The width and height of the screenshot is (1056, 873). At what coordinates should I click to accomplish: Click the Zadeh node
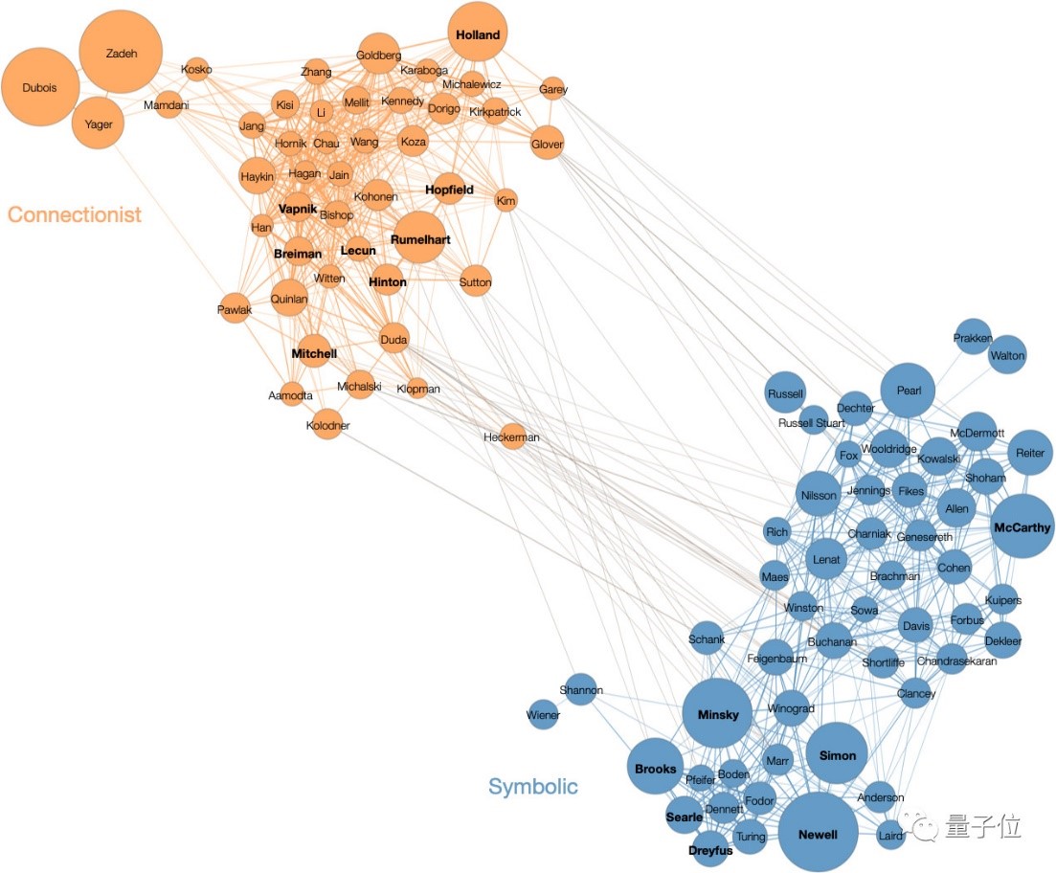(x=121, y=53)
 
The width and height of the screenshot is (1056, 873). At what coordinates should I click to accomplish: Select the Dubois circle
(x=40, y=88)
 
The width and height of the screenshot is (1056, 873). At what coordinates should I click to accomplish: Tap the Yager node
(x=99, y=123)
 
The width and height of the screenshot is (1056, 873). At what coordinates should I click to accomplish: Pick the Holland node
(x=477, y=35)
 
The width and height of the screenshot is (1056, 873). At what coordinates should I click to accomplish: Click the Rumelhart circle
(x=419, y=239)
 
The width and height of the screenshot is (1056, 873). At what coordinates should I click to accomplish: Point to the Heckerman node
(x=513, y=437)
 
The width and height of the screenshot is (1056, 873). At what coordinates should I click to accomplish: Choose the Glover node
(x=547, y=144)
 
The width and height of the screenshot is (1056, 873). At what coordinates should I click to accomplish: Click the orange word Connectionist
(x=74, y=214)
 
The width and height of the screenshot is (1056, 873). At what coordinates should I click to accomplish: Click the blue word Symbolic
(x=533, y=787)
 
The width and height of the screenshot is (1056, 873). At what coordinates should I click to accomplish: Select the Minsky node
(x=717, y=713)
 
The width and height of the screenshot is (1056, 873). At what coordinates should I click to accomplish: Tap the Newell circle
(x=817, y=833)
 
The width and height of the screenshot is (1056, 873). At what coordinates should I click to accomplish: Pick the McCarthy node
(x=1022, y=526)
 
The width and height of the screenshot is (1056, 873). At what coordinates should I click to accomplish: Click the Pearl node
(x=908, y=391)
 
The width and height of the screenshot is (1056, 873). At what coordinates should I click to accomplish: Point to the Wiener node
(x=543, y=714)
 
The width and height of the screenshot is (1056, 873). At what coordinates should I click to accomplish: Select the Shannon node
(x=581, y=689)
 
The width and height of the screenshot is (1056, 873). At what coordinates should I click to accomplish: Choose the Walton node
(x=1007, y=355)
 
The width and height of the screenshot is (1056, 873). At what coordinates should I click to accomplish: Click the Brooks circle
(x=656, y=768)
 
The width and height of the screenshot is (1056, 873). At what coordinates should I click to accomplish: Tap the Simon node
(x=837, y=754)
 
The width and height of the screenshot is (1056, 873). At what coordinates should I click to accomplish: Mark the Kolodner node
(x=327, y=425)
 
